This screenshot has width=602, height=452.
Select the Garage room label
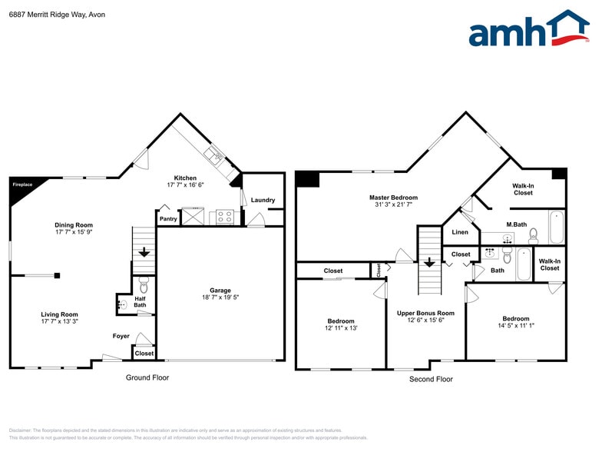click(220, 291)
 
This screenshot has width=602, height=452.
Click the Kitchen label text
click(185, 178)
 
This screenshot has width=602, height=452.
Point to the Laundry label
click(263, 201)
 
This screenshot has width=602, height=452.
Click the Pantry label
click(168, 219)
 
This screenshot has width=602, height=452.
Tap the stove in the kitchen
click(225, 217)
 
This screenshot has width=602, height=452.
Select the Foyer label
click(121, 336)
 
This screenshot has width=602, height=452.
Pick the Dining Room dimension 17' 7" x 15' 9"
click(74, 232)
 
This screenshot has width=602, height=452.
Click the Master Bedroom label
click(393, 198)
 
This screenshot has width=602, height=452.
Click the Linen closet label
click(460, 232)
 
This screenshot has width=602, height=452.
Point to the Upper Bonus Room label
click(425, 313)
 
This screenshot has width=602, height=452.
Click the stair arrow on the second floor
click(428, 262)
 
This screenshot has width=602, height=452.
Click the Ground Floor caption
click(147, 377)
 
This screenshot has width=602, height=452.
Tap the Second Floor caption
click(431, 379)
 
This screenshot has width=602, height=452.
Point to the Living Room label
click(59, 314)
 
